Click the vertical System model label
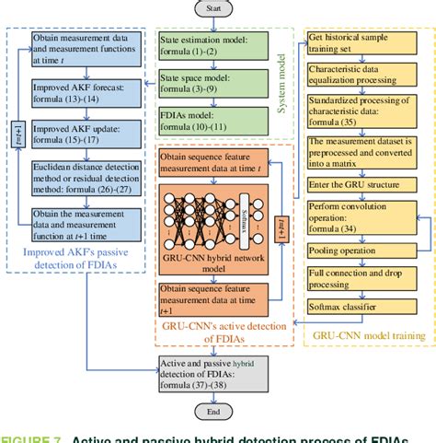click(x=282, y=87)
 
